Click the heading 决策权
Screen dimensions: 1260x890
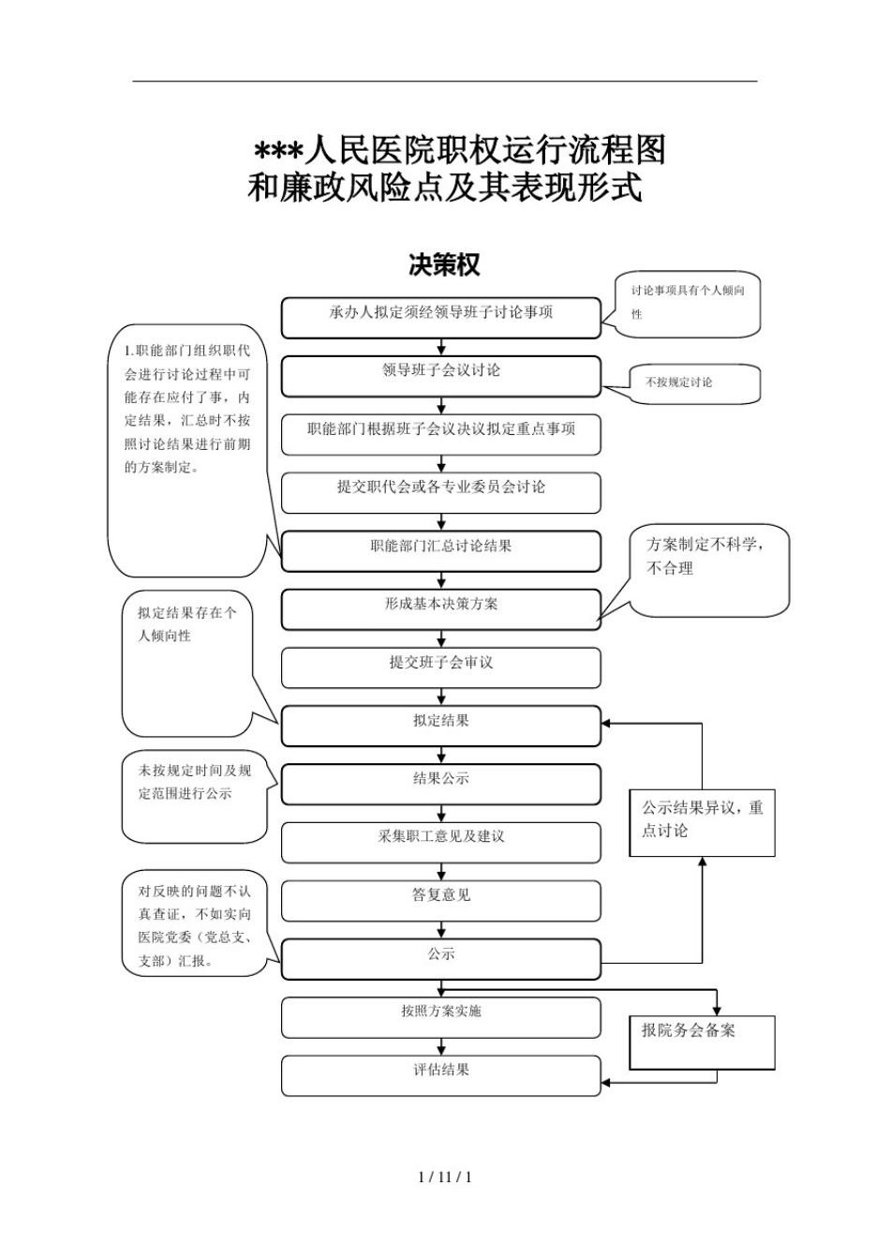click(x=444, y=265)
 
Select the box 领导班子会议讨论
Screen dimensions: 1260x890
click(x=440, y=376)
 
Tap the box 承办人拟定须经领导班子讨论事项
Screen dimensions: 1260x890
click(x=440, y=318)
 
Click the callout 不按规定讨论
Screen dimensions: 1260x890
click(x=694, y=383)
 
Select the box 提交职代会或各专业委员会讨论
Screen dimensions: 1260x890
click(x=440, y=492)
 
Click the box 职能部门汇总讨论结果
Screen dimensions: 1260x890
click(x=440, y=550)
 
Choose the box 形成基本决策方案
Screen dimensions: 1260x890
click(x=440, y=608)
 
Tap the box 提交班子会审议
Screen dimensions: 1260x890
click(x=440, y=667)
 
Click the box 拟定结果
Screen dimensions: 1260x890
click(x=440, y=726)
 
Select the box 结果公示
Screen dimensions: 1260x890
click(x=440, y=784)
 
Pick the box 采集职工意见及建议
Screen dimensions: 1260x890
click(x=440, y=842)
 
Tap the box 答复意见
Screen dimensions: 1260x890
click(x=440, y=900)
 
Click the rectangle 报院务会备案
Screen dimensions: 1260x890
click(x=702, y=1042)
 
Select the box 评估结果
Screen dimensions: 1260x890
click(x=440, y=1074)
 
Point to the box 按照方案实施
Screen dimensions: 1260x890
click(x=440, y=1016)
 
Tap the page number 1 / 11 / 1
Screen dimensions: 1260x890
click(x=444, y=1177)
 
